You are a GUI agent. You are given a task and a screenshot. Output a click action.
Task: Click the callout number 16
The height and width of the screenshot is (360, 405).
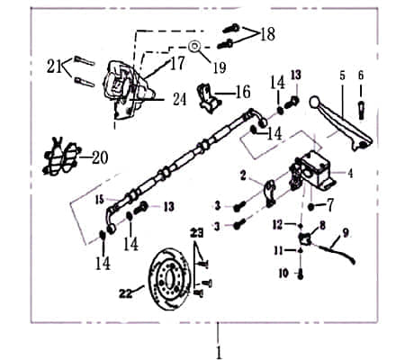(x=242, y=92)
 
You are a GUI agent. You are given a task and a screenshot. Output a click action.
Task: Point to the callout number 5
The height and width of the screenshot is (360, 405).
(x=341, y=76)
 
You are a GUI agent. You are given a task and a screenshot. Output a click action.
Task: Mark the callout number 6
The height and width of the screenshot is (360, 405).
(x=361, y=76)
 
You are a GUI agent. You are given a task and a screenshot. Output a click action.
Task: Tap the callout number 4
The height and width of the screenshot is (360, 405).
(x=350, y=174)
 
